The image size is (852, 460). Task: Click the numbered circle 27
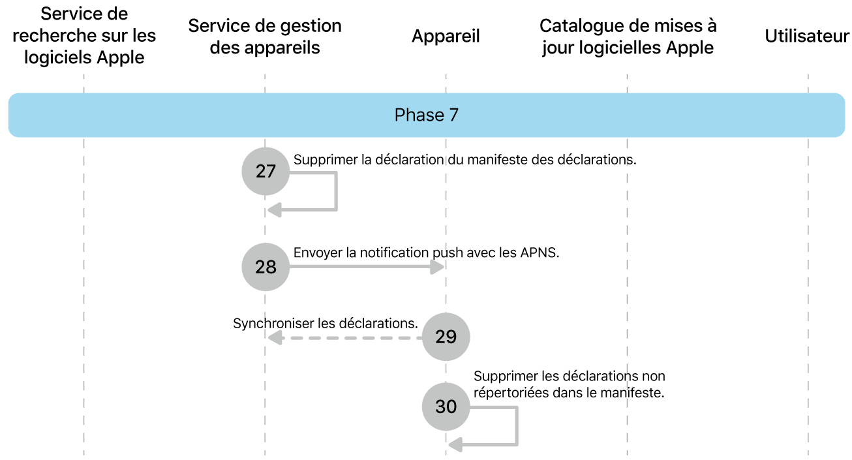pos(265,172)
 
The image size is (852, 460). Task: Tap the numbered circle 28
pos(265,267)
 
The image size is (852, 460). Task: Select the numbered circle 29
pos(446,337)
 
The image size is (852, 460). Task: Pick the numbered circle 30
pos(446,406)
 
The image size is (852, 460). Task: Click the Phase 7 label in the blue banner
pos(427,115)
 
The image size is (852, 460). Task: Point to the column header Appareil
pos(446,37)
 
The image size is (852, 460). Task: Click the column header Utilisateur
pos(807,37)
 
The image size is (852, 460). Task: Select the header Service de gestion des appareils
pos(265,37)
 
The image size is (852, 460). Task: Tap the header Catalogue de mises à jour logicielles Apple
pos(628,37)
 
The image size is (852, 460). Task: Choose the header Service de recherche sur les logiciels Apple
pos(84,36)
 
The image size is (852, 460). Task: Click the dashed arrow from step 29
pos(346,338)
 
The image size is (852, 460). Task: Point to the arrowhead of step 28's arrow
pos(439,267)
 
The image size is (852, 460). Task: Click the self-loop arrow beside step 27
pos(335,192)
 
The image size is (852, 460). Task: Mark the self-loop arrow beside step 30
pos(516,427)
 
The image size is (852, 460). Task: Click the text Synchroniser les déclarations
pos(325,323)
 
